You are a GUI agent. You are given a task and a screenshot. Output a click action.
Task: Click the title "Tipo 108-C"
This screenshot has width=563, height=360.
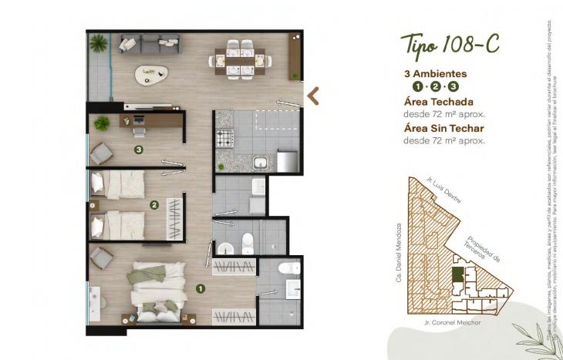tap(450, 45)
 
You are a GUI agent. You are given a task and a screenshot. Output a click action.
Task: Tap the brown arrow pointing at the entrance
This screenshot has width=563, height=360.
tap(313, 96)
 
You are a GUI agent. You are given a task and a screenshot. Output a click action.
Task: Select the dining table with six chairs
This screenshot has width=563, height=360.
tap(239, 56)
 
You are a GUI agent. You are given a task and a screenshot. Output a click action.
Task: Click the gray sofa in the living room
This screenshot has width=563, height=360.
tap(150, 45)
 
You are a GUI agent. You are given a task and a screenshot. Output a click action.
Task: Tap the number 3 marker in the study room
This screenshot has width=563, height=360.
tap(138, 150)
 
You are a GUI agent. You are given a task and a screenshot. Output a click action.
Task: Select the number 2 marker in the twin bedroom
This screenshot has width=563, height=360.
tap(153, 205)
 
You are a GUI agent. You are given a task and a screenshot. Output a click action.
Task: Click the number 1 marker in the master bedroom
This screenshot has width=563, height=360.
tap(201, 289)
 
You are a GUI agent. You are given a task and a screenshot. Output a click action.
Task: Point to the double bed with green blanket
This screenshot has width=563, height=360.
tap(158, 288)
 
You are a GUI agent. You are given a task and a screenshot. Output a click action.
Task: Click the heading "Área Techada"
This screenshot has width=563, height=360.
tap(438, 102)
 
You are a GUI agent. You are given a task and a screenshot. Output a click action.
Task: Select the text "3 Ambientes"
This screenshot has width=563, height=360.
tap(436, 74)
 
